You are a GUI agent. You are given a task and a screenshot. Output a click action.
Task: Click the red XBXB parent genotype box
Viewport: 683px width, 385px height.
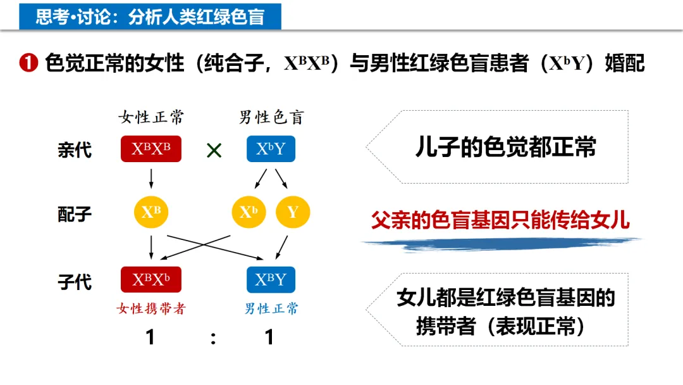(x=151, y=149)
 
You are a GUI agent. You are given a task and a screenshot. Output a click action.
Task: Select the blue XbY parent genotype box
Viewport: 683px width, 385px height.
(x=271, y=149)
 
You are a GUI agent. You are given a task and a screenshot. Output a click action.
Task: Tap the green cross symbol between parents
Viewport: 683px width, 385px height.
(x=214, y=151)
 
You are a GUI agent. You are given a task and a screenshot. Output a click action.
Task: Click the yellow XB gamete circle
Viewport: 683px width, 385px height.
(x=151, y=211)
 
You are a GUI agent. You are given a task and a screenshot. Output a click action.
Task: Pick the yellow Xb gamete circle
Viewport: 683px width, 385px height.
(x=249, y=211)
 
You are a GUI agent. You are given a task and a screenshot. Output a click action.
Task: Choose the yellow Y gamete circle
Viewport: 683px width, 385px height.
(x=293, y=211)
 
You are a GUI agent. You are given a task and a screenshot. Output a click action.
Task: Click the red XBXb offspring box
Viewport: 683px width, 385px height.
(x=151, y=279)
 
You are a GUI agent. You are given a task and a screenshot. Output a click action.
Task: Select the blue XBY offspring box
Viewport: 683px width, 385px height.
(x=271, y=279)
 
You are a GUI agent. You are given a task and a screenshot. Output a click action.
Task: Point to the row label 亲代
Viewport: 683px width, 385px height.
(x=75, y=150)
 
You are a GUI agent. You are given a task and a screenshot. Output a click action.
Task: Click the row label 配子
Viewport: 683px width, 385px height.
(x=75, y=214)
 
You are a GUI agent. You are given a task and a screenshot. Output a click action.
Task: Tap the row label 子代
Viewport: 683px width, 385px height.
(x=75, y=281)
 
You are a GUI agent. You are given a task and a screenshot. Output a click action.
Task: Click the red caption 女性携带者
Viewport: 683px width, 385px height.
(x=151, y=308)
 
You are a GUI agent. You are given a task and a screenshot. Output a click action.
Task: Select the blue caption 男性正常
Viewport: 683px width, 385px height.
(x=271, y=308)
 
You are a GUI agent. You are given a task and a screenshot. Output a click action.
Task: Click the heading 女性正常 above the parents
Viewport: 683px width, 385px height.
(x=151, y=117)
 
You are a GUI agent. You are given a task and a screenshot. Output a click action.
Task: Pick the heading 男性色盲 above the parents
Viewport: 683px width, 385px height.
(x=271, y=117)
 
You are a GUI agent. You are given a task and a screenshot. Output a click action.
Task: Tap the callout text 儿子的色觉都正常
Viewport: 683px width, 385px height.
(x=505, y=147)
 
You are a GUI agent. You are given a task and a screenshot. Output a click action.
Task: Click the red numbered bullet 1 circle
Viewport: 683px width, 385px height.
(x=29, y=63)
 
